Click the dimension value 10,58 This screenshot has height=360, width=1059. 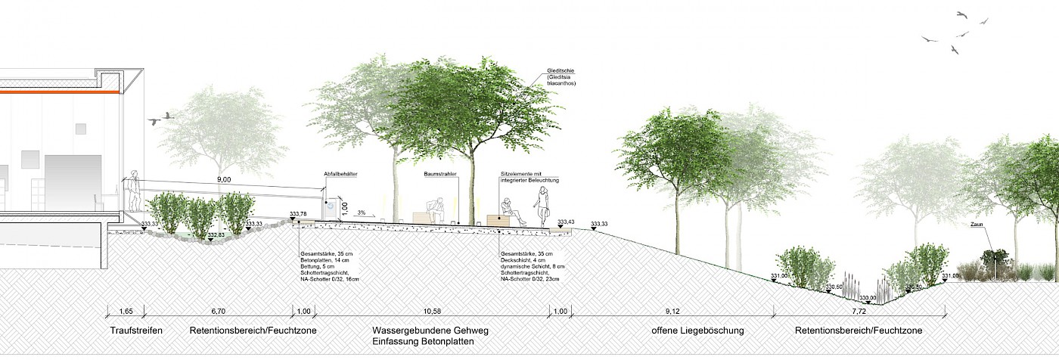pos(430,311)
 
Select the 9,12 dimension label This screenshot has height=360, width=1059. pos(671,311)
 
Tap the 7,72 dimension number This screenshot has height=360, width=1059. pos(859,311)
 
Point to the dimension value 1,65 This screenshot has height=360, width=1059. pos(126,311)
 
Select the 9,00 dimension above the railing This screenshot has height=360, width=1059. pos(224,180)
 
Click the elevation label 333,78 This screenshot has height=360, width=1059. pos(298,214)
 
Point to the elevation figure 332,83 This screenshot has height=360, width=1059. pos(216,235)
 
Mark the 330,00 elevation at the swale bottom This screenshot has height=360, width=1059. pos(868,297)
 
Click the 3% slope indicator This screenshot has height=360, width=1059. pos(361,213)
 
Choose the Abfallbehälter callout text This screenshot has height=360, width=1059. pos(340,174)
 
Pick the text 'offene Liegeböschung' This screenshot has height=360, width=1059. pos(698,331)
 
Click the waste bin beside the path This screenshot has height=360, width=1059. pos(331,209)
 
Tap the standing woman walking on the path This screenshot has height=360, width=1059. pos(542,206)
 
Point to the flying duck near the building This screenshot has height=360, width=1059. pos(161,118)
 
